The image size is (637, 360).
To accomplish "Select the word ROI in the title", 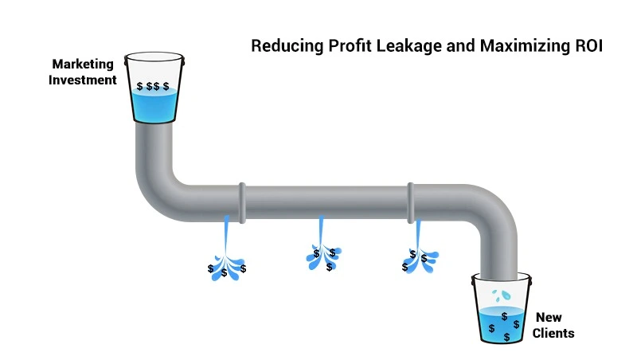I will click(x=589, y=46).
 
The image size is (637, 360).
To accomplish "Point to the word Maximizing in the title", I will click(x=520, y=46).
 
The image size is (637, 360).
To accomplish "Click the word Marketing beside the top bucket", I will click(x=84, y=64).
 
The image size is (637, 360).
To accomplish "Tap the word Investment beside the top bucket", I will click(x=84, y=80).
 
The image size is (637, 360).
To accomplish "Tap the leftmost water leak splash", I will click(x=226, y=259).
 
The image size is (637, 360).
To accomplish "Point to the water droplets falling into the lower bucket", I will click(x=501, y=295).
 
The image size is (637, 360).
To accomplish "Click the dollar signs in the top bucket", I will click(x=153, y=86).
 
